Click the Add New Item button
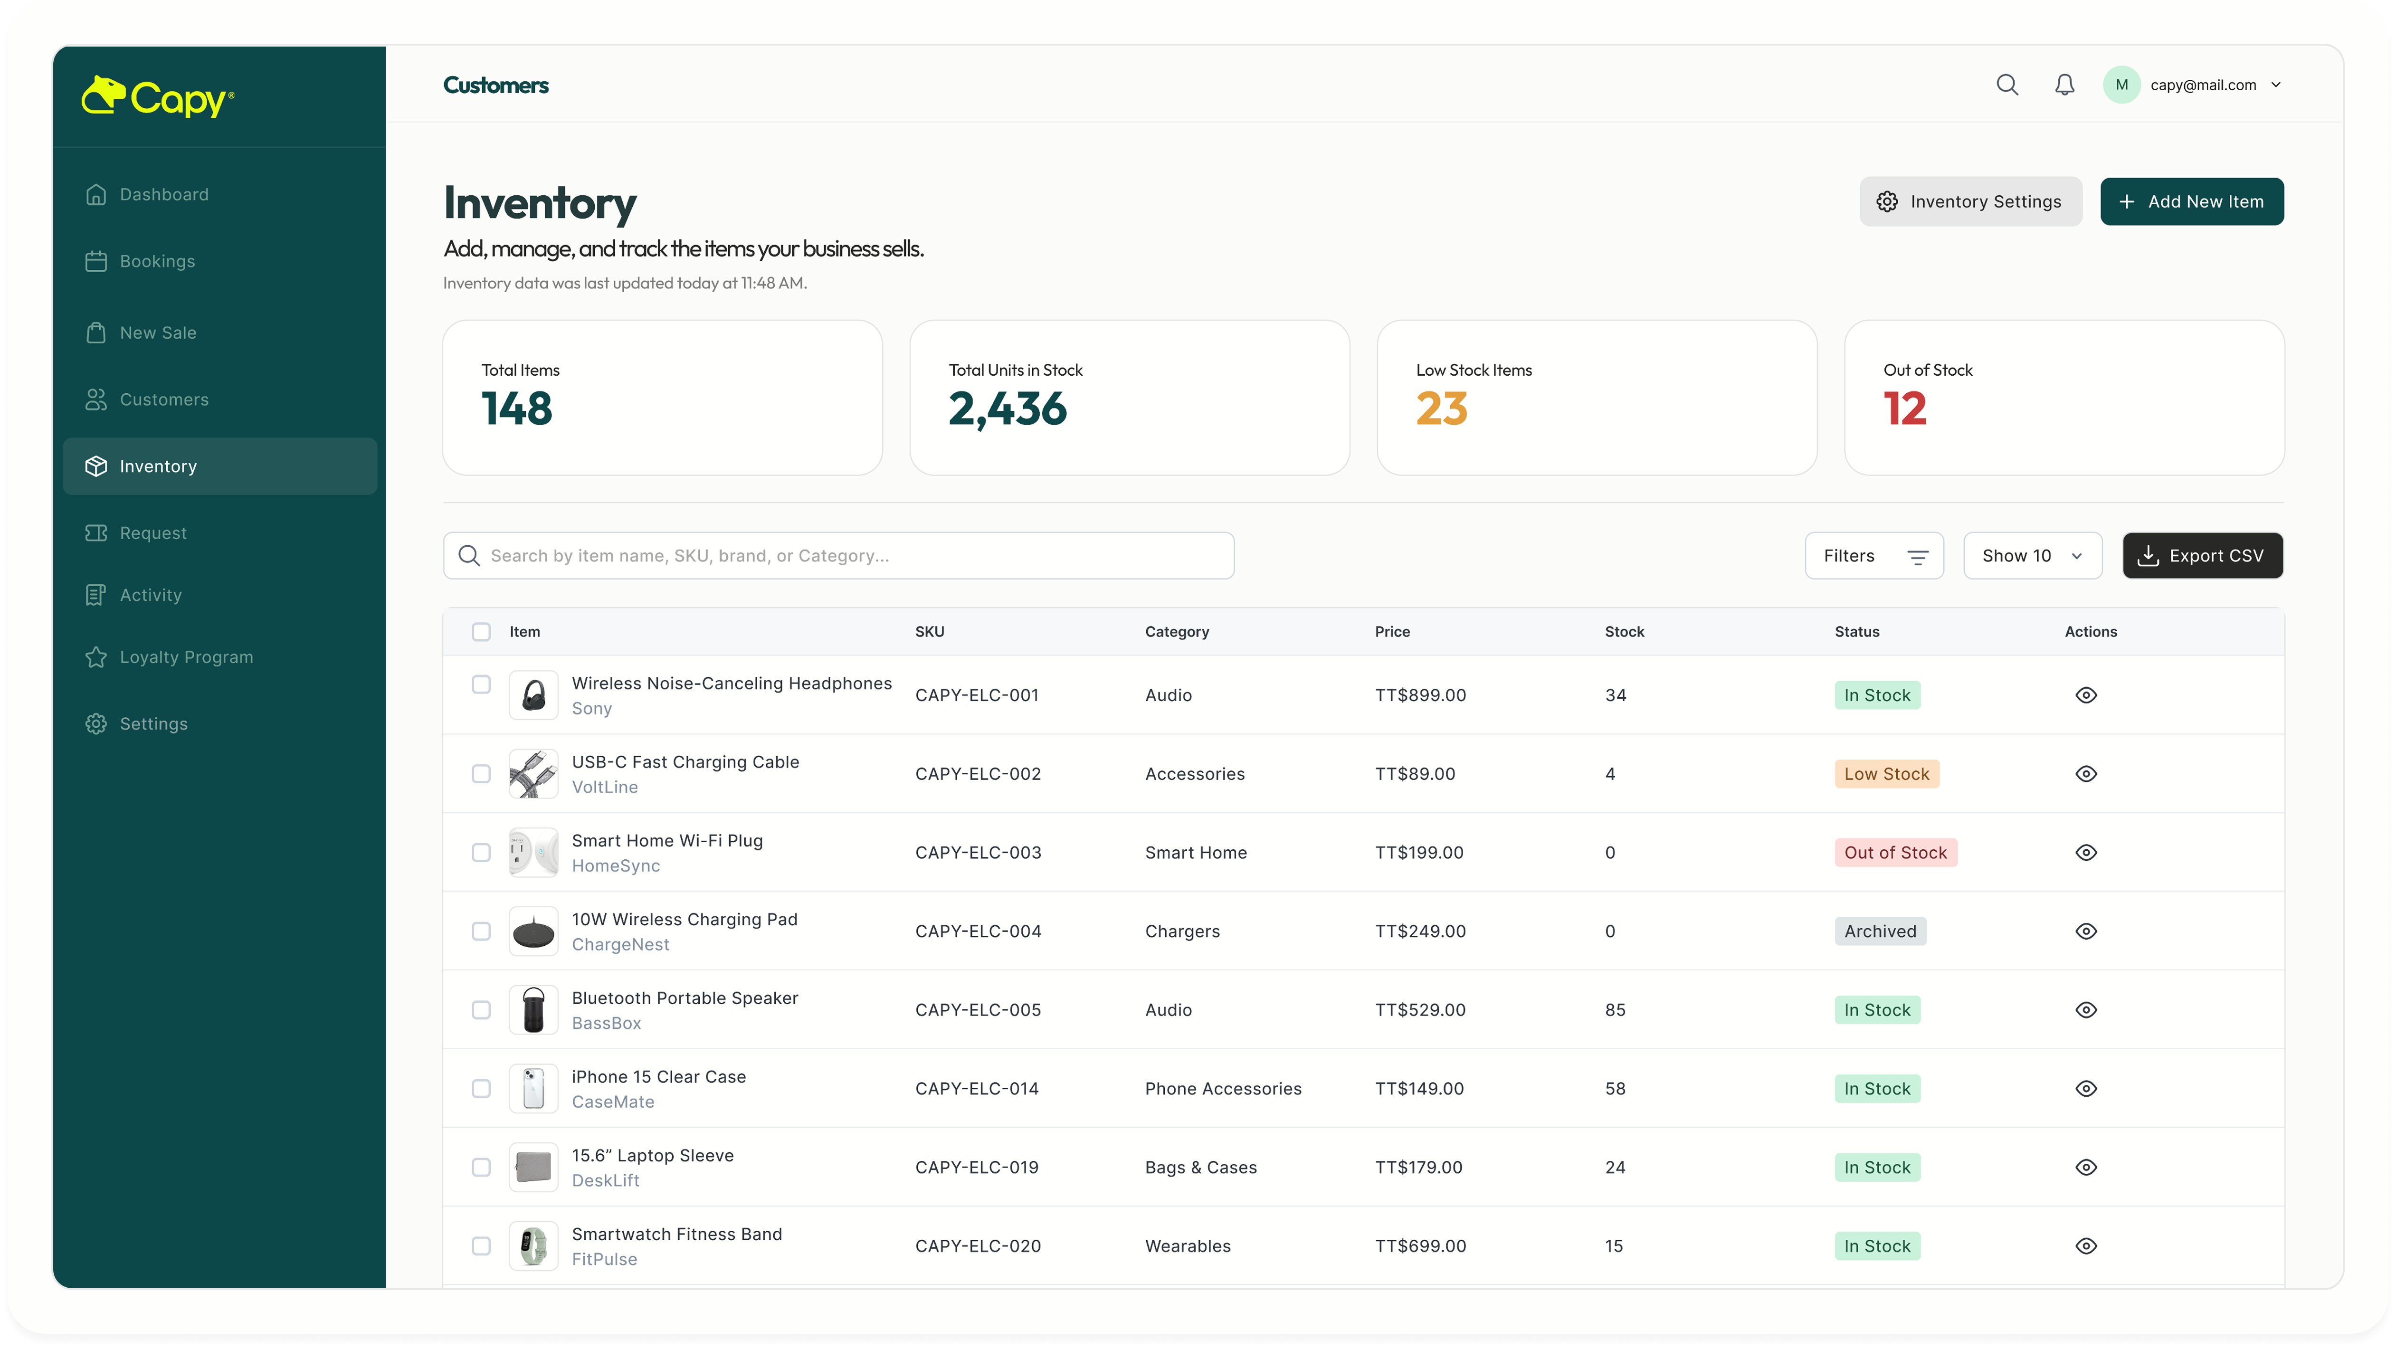tap(2191, 202)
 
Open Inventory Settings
tap(1970, 202)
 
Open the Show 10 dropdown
tap(2032, 555)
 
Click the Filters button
tap(1874, 555)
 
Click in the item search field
tap(839, 555)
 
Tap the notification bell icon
tap(2065, 85)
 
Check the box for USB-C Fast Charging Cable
tap(481, 774)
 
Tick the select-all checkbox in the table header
tap(481, 632)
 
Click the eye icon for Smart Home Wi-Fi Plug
tap(2086, 852)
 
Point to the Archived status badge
tap(1880, 931)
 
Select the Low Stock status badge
tap(1886, 774)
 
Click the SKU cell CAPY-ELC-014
tap(977, 1089)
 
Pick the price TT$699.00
tap(1420, 1246)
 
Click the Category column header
tap(1177, 632)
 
